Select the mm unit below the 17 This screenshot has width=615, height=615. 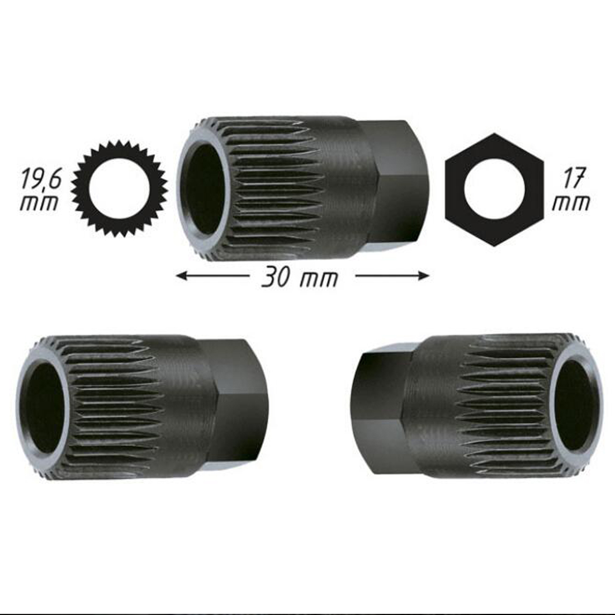click(571, 202)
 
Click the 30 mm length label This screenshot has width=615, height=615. click(300, 276)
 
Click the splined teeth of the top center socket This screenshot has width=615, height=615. click(274, 184)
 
